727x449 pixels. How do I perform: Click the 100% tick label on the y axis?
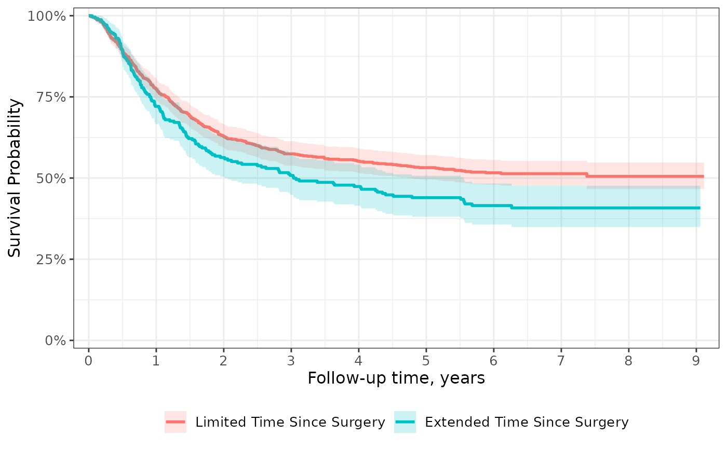46,16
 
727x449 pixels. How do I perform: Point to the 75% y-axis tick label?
51,97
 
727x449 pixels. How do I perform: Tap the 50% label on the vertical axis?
51,178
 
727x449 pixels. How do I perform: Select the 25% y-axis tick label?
51,259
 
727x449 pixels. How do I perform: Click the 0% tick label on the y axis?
55,341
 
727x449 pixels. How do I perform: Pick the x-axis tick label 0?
89,360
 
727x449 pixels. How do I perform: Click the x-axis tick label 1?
156,360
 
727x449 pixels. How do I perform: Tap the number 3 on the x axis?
291,360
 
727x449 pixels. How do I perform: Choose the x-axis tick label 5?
426,360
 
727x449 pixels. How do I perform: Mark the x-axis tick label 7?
561,360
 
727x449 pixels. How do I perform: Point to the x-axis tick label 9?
696,360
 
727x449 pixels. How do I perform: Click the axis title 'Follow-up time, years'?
396,378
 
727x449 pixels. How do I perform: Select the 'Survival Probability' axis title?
15,178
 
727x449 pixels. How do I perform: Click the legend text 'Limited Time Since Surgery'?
290,422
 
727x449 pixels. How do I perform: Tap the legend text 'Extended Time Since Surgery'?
527,422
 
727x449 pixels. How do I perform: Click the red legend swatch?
176,421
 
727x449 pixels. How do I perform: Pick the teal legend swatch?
405,421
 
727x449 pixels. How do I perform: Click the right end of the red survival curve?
704,176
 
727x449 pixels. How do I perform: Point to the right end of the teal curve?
700,208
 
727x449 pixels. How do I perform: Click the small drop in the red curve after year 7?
587,175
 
